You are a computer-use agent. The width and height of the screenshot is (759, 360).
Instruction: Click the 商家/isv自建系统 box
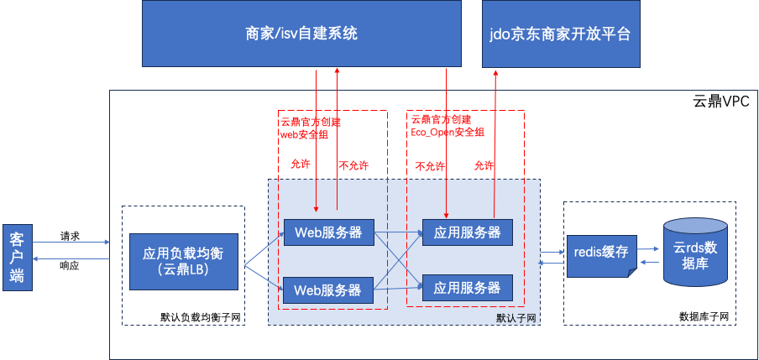point(301,34)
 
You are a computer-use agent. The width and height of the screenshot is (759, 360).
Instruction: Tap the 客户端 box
point(16,258)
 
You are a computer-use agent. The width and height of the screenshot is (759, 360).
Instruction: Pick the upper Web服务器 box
point(327,232)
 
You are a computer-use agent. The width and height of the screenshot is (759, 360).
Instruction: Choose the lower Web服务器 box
point(327,290)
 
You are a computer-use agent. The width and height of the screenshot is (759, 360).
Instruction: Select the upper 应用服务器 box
point(467,232)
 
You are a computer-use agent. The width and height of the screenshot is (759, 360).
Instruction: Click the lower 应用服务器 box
point(467,287)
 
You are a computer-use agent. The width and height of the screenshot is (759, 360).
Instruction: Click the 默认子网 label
point(516,318)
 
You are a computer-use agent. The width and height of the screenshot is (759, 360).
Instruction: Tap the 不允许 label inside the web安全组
point(353,165)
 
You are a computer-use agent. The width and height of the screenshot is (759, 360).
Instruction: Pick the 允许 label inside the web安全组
point(300,164)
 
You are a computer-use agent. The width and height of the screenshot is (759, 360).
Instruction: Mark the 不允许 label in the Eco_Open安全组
point(430,166)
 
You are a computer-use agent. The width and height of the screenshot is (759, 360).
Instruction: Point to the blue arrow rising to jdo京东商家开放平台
point(495,143)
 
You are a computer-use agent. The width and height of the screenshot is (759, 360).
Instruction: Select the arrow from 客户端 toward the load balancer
point(71,243)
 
